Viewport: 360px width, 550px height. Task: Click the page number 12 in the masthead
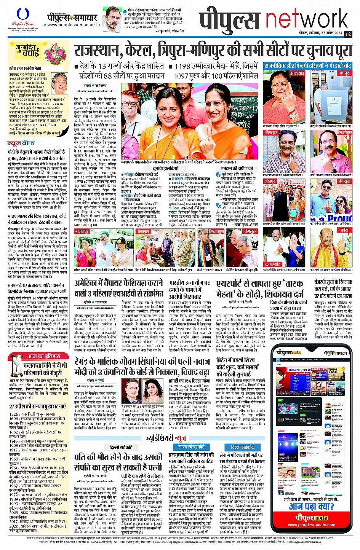(x=348, y=34)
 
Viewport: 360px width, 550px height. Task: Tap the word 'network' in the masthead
(x=307, y=20)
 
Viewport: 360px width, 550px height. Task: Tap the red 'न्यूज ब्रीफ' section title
(x=22, y=143)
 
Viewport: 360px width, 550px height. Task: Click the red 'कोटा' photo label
(x=344, y=230)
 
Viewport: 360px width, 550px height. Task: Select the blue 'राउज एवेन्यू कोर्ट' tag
(x=191, y=447)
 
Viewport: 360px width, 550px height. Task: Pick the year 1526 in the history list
(x=14, y=414)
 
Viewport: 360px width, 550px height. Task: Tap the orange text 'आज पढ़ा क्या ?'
(x=312, y=506)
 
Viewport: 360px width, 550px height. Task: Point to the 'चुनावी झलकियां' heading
(x=166, y=168)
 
